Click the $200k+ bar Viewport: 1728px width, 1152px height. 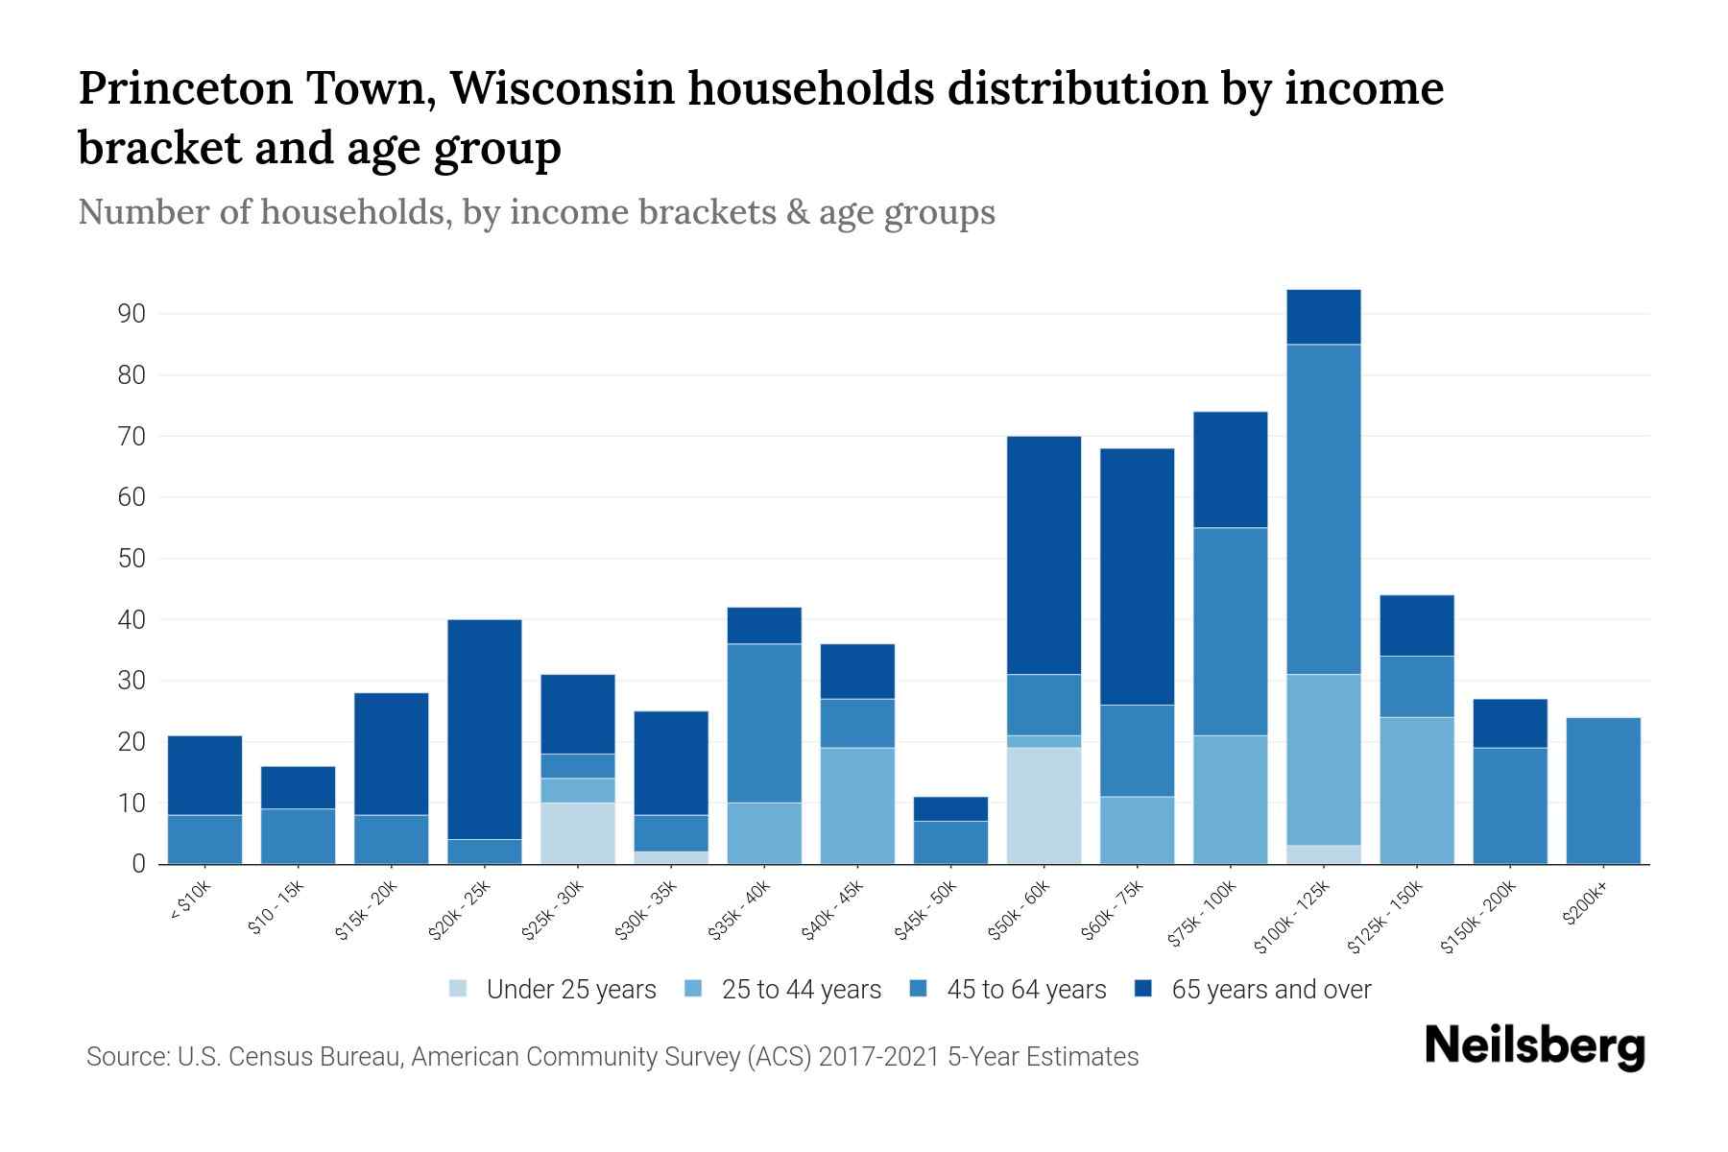click(1602, 791)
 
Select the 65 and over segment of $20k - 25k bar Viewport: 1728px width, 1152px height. click(485, 730)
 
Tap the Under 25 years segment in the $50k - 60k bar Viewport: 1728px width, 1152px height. click(1044, 805)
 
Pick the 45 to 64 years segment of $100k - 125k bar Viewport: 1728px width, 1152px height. click(1323, 509)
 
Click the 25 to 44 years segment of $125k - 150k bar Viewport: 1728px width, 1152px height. click(1416, 790)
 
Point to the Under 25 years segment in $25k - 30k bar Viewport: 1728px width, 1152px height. click(578, 833)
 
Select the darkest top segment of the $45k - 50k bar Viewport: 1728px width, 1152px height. click(950, 808)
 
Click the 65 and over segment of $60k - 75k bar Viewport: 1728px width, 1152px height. click(1137, 576)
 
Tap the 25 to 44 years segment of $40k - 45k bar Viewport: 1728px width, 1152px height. click(857, 805)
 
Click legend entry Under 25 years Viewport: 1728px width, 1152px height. click(571, 990)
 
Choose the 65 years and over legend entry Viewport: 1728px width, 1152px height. click(1271, 990)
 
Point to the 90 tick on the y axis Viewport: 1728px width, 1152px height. click(132, 314)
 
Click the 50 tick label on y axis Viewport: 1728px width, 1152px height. click(132, 559)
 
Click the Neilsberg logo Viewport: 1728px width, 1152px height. click(1534, 1046)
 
